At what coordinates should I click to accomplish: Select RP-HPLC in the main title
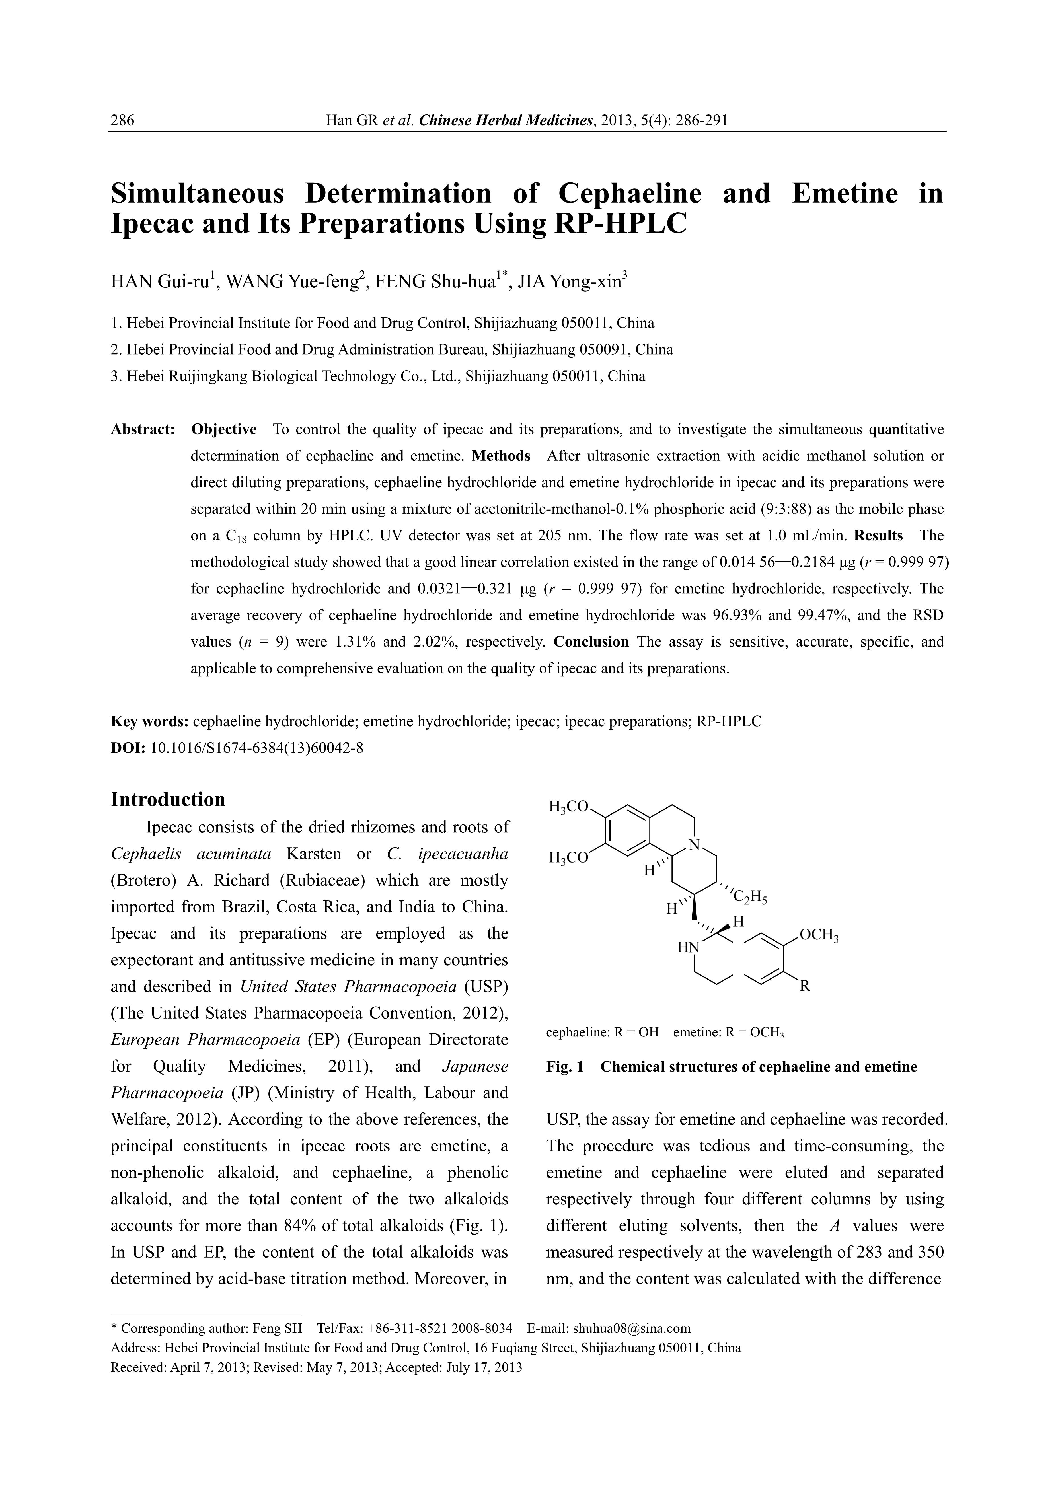click(x=621, y=224)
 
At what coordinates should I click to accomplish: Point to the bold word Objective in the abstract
click(x=224, y=430)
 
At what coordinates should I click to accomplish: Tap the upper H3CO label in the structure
click(x=568, y=807)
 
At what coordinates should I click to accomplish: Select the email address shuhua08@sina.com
click(x=632, y=1328)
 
